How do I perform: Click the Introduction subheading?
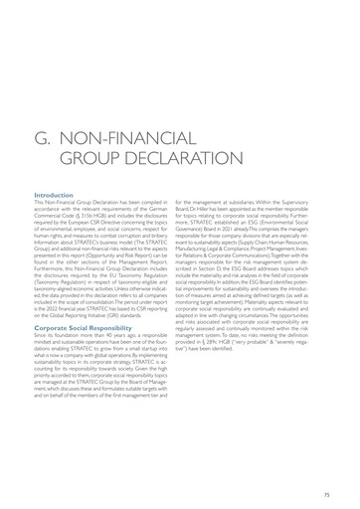click(x=54, y=196)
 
